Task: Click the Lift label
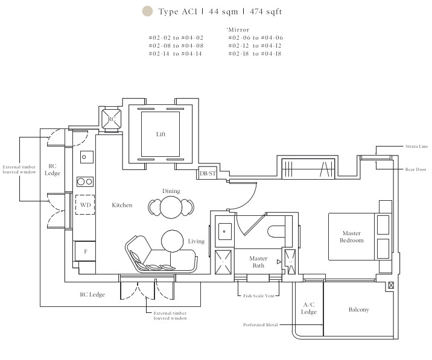coord(160,134)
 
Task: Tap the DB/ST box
coord(208,173)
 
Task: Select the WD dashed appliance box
coord(85,204)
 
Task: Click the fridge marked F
coord(86,251)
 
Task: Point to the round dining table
coord(171,207)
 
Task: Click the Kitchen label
coord(122,205)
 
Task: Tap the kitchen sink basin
coord(87,157)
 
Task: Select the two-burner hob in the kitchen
coord(85,182)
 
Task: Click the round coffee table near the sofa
coord(172,241)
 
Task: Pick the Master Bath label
coord(258,262)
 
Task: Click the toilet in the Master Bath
coord(276,232)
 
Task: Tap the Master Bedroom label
coord(352,237)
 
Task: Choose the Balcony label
coord(359,309)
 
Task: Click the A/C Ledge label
coord(308,308)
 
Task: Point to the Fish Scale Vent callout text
coord(259,296)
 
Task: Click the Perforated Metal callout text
coord(261,325)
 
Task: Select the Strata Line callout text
coord(416,147)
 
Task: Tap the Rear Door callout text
coord(416,169)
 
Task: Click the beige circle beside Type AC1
coord(147,11)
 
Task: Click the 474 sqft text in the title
coord(265,11)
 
